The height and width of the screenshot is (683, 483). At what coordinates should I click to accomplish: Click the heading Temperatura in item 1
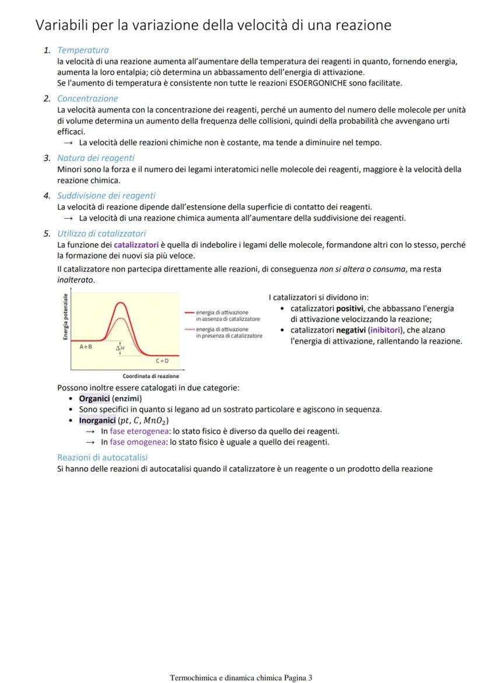[83, 50]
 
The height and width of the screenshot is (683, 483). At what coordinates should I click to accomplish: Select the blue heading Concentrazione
[87, 99]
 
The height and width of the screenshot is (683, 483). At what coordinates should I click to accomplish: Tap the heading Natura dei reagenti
[96, 158]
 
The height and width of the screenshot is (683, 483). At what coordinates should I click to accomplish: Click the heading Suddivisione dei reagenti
[106, 195]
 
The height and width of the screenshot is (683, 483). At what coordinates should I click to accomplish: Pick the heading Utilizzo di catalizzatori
[101, 233]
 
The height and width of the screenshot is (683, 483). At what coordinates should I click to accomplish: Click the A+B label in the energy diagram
[86, 346]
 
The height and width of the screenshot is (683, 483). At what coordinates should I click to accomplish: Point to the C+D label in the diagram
[162, 361]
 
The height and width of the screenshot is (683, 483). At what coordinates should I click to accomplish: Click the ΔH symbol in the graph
[120, 348]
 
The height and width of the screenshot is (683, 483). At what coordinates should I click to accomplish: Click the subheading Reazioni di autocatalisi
[102, 457]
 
